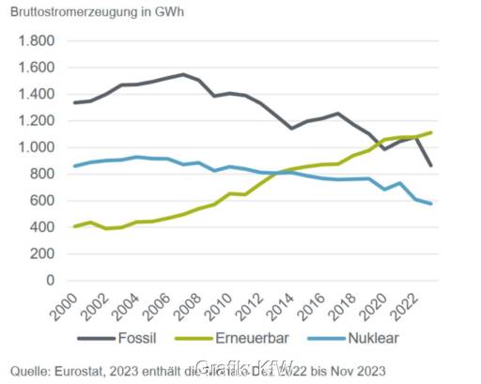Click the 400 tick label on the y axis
point(40,227)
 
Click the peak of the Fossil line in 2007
point(183,74)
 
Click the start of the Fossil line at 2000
point(73,103)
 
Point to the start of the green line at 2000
point(73,226)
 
